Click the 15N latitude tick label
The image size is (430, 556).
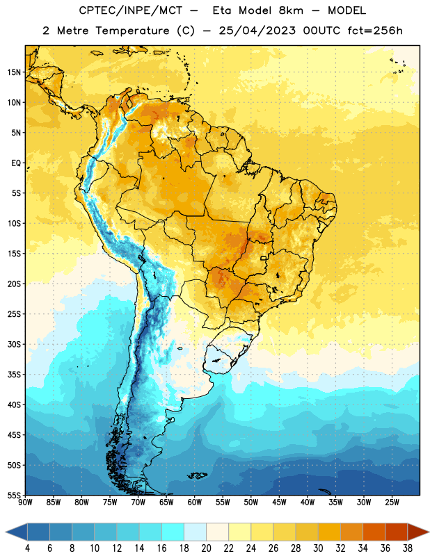coord(14,72)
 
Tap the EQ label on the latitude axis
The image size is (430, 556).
coord(16,163)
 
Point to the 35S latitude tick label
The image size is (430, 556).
coord(14,375)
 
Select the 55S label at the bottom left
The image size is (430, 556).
coord(14,495)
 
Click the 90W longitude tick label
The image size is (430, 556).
coord(25,502)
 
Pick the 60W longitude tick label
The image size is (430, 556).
coord(195,502)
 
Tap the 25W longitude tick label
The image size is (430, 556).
coord(392,502)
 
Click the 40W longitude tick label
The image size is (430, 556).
coord(308,502)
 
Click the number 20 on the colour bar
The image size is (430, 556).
coord(206,548)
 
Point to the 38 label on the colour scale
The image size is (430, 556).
coord(408,548)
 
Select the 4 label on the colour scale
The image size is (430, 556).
coord(27,548)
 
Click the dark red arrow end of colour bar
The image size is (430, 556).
coord(417,532)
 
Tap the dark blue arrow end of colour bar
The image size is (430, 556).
coord(17,532)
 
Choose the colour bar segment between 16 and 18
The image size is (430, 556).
coord(173,532)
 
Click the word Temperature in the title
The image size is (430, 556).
coord(133,31)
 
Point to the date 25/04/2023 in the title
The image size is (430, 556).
coord(257,31)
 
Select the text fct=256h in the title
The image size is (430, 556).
coord(375,31)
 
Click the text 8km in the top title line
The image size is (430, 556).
coord(291,10)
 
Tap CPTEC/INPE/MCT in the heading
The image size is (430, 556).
coord(131,10)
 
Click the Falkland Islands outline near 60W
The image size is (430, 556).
coord(198,475)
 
